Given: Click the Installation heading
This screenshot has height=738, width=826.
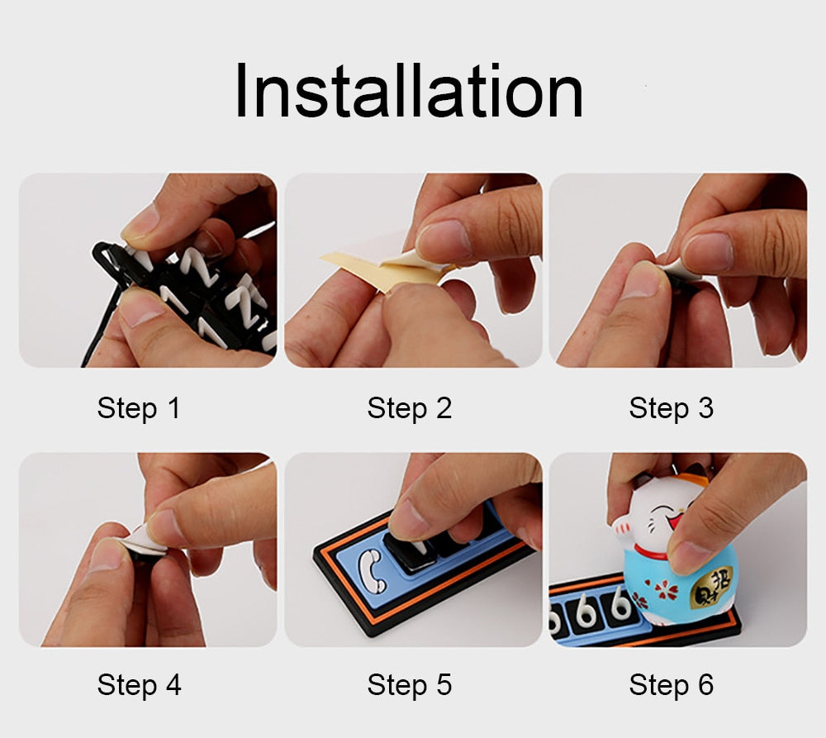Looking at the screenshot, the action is click(x=409, y=92).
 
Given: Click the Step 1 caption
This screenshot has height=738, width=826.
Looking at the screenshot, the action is click(x=139, y=408).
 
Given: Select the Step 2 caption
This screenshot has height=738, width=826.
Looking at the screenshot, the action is click(x=410, y=408).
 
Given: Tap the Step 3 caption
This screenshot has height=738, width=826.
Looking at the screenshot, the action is click(x=671, y=408).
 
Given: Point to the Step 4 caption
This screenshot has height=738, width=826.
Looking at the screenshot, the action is click(x=139, y=685).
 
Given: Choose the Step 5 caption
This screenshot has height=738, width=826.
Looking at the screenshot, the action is click(x=410, y=685).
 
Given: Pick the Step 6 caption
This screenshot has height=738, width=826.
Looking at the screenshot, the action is click(x=671, y=685).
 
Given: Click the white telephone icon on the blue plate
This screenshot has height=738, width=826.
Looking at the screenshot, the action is click(x=371, y=571).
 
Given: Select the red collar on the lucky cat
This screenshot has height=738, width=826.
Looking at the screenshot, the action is click(x=653, y=552).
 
